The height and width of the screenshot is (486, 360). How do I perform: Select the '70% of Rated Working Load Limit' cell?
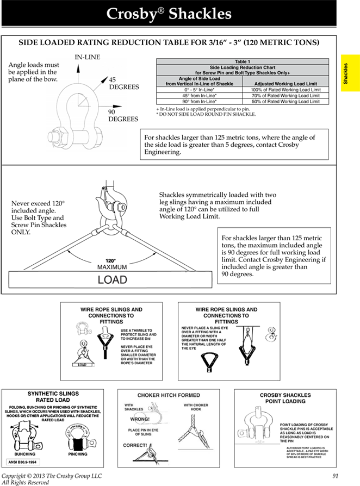pyautogui.click(x=285, y=96)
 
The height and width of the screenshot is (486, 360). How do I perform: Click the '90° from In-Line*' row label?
pyautogui.click(x=199, y=102)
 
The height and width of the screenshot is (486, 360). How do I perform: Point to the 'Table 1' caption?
pyautogui.click(x=243, y=62)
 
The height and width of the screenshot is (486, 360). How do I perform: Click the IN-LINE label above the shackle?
pyautogui.click(x=87, y=57)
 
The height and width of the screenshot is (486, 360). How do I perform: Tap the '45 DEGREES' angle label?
pyautogui.click(x=123, y=83)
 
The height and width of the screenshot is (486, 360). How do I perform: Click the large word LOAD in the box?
pyautogui.click(x=112, y=281)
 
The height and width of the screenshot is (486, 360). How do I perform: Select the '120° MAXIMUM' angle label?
pyautogui.click(x=112, y=264)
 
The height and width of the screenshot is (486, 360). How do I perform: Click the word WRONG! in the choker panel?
pyautogui.click(x=140, y=419)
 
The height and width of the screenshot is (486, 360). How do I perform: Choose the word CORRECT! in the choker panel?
pyautogui.click(x=135, y=445)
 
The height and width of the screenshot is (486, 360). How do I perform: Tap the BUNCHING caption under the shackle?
pyautogui.click(x=25, y=454)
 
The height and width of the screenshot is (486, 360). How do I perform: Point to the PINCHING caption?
pyautogui.click(x=78, y=454)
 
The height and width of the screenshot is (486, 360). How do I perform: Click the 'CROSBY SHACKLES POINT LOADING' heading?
pyautogui.click(x=285, y=398)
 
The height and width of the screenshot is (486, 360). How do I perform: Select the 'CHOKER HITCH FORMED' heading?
pyautogui.click(x=169, y=395)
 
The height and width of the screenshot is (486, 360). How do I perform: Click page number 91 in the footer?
pyautogui.click(x=335, y=476)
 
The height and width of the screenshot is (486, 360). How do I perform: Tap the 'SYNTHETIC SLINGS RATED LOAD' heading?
pyautogui.click(x=53, y=396)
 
